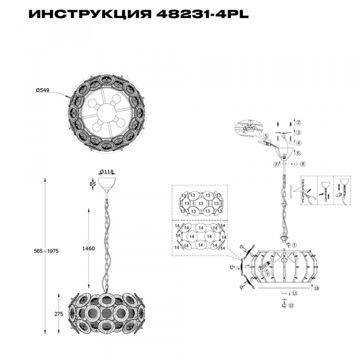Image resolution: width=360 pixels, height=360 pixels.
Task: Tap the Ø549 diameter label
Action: (x=43, y=90)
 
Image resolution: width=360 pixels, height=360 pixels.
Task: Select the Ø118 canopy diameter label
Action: (x=107, y=172)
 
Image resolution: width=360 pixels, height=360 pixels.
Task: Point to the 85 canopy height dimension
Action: (x=92, y=184)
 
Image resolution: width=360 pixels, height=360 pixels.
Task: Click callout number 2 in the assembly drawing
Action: (x=298, y=122)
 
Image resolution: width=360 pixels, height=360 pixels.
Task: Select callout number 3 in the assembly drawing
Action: (x=298, y=132)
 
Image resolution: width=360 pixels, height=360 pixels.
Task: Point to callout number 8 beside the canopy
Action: (x=303, y=163)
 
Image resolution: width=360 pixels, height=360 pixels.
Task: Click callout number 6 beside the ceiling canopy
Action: (x=298, y=153)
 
